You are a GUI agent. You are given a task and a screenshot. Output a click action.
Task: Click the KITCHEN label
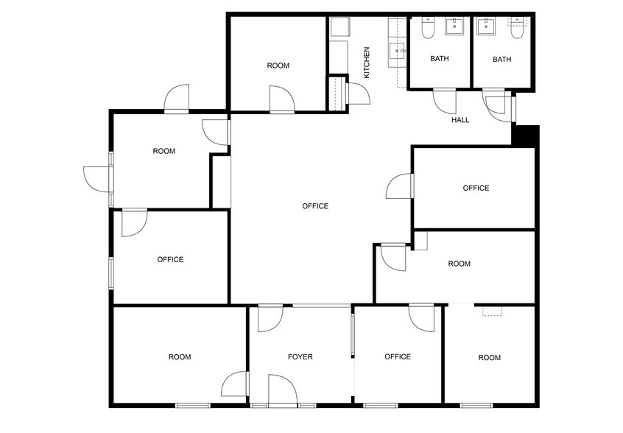coord(366,63)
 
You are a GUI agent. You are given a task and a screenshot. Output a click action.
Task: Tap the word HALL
coord(460,119)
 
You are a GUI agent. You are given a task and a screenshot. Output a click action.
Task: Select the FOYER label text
coord(300,357)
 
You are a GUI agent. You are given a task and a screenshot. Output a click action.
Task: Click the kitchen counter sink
coord(398,50)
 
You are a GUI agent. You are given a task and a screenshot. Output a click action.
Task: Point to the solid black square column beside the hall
coord(526,137)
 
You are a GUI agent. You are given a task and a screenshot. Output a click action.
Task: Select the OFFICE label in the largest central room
coord(315,206)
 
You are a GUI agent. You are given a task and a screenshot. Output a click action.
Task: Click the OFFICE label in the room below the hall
coord(476,188)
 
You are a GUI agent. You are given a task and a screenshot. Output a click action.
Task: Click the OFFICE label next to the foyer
coord(398,357)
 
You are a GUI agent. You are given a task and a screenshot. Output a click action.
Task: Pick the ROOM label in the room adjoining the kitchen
coord(278,66)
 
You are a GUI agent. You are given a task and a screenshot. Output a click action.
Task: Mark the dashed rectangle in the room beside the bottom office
coord(491,311)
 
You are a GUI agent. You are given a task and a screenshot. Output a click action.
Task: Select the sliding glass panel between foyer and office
coord(353,335)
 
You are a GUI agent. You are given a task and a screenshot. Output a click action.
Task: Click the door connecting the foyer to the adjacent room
coord(236,385)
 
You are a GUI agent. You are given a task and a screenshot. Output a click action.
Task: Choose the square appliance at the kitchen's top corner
coord(339,28)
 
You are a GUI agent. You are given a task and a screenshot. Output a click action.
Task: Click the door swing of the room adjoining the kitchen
coord(283,99)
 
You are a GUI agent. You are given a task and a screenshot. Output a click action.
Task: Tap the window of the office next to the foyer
coord(380,405)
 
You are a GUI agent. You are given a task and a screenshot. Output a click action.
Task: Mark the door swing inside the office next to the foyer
coord(421,318)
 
